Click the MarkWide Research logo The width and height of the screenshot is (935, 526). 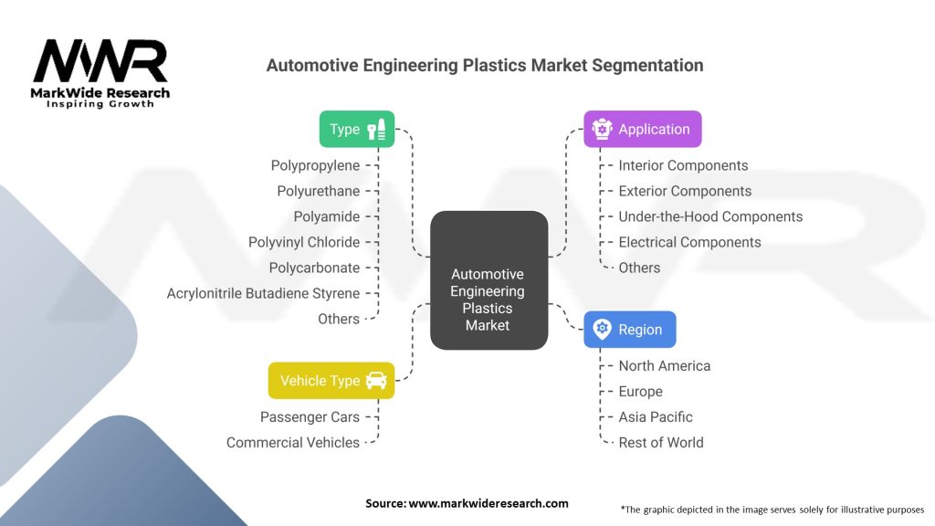coord(100,73)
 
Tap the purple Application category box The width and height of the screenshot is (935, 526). coord(642,130)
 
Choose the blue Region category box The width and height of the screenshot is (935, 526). coord(629,330)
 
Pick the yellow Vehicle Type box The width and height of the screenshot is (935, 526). coord(331,381)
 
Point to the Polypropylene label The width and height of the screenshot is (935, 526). coord(315,165)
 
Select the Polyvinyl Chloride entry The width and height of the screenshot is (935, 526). coord(304,242)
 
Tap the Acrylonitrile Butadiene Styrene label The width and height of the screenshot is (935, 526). coord(263,293)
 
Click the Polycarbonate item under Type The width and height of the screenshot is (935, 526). coord(314,268)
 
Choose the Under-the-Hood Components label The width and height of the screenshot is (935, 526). coord(710,216)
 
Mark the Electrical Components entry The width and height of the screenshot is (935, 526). coord(689,242)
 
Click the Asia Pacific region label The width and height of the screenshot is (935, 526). coord(656,416)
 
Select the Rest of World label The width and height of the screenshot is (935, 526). coord(661,442)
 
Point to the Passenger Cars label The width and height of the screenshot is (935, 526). coord(310,416)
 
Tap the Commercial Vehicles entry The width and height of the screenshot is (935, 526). coord(293,442)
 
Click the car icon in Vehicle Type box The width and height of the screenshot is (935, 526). coord(375,381)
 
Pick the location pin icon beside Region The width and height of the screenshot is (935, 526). coord(602,330)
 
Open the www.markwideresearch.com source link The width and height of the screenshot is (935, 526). coord(488,503)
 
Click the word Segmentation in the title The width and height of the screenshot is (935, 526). coord(645,66)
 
